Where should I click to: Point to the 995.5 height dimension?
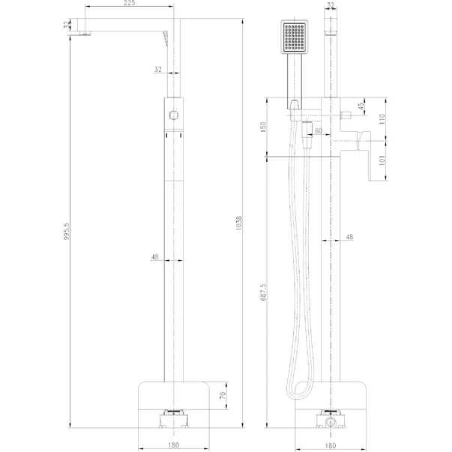point(67,232)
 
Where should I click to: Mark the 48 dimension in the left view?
point(155,257)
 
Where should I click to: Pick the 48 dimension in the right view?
point(349,238)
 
